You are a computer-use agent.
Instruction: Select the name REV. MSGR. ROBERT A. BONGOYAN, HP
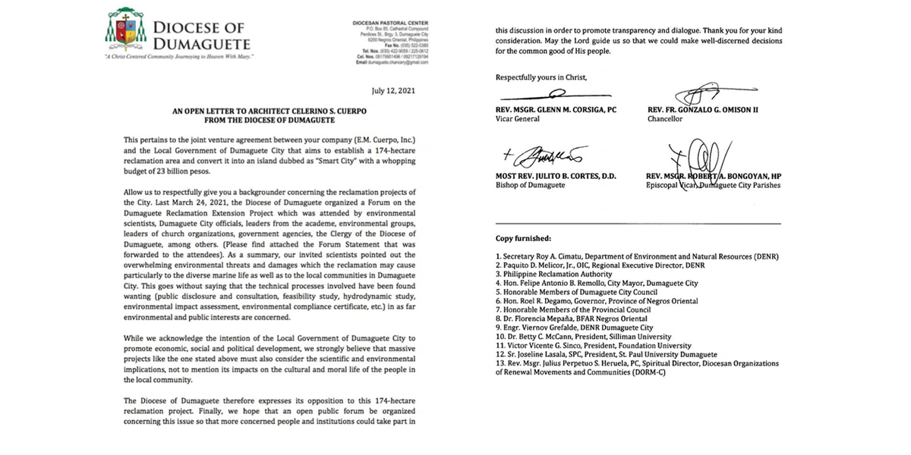click(714, 177)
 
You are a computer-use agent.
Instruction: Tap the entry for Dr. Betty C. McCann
click(583, 337)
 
